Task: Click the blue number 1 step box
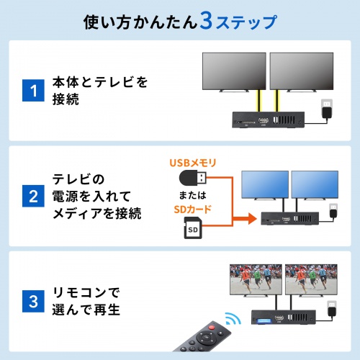point(32,91)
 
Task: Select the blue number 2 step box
point(32,196)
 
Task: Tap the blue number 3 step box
point(32,302)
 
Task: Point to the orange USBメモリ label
point(192,163)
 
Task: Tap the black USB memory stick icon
point(195,178)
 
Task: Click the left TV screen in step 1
point(233,69)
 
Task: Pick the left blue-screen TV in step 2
point(264,186)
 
